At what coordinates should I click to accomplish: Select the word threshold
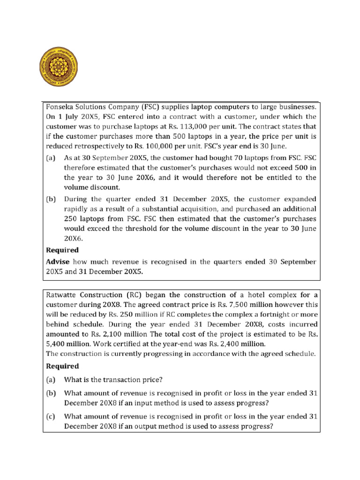(137, 229)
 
